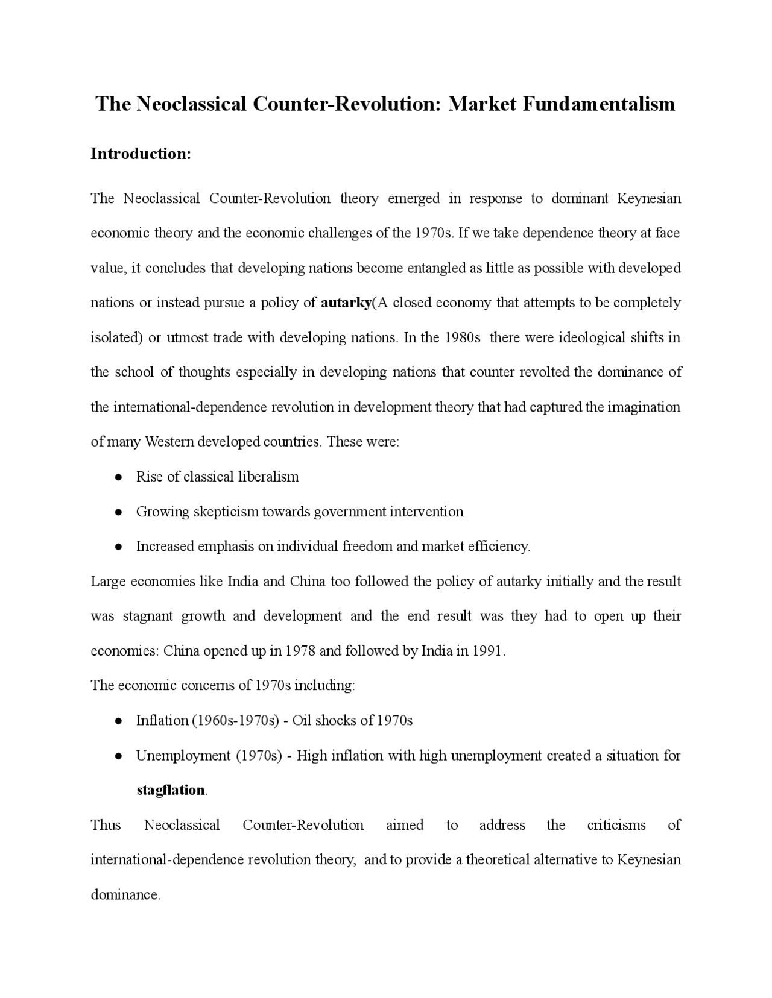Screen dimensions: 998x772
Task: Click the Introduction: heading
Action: (x=141, y=154)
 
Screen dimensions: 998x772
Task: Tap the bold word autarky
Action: (x=346, y=303)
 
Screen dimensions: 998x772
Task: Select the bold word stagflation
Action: (x=171, y=790)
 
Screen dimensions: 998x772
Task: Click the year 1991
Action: (x=487, y=651)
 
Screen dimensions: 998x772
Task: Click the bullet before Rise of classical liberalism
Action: (x=119, y=477)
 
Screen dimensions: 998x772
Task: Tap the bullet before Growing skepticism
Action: (x=119, y=512)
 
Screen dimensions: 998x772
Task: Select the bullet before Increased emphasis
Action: (x=119, y=547)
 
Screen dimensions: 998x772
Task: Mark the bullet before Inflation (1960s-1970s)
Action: (x=119, y=721)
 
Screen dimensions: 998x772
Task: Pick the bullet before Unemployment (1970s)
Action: (x=119, y=756)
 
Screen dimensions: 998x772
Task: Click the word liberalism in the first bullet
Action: (x=269, y=477)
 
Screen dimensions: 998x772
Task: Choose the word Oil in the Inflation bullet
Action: (x=302, y=720)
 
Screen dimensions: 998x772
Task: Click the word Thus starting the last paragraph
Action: (x=106, y=825)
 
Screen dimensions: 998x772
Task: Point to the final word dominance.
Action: (x=125, y=895)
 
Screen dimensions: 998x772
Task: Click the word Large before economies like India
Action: (x=108, y=582)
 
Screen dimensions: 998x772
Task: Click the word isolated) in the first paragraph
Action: (x=116, y=337)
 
